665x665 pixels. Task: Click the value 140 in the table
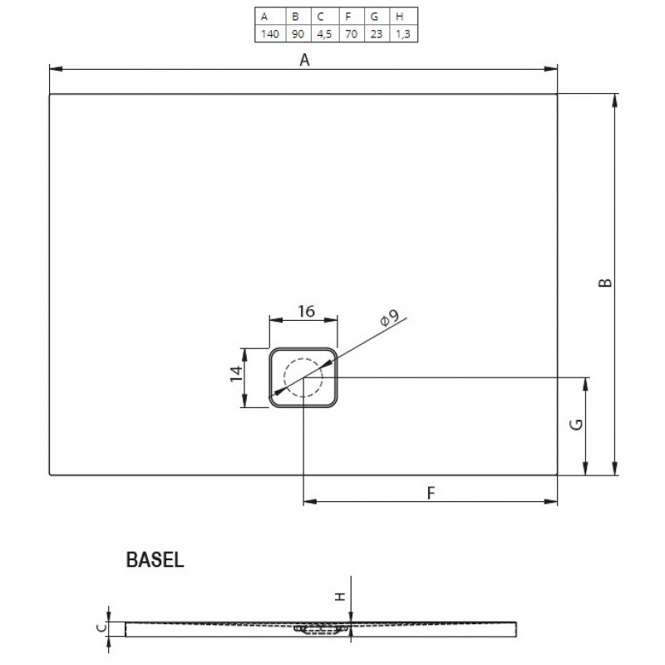269,34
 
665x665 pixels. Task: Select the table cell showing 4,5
324,34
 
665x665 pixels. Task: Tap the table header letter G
374,17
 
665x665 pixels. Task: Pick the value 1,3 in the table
403,34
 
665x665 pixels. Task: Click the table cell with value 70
351,34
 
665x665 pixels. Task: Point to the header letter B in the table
296,17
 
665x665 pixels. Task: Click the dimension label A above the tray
304,60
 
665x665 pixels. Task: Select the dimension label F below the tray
431,493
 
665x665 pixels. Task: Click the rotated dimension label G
577,424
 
